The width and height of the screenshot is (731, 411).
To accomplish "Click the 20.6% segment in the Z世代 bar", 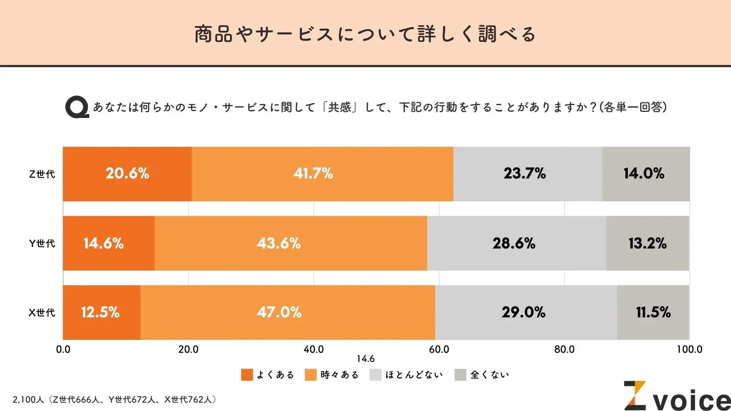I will coord(127,174).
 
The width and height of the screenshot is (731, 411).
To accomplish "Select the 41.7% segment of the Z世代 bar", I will coord(322,174).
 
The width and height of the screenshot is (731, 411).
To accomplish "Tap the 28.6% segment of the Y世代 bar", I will coord(516,244).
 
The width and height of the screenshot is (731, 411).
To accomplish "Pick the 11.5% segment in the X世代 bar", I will coord(653,312).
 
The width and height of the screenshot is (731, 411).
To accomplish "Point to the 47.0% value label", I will coord(279,312).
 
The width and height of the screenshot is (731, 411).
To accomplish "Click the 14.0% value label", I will coord(644,174).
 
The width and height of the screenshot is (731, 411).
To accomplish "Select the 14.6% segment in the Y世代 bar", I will coord(109,244).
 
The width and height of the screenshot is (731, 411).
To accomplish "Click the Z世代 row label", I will coord(42,174).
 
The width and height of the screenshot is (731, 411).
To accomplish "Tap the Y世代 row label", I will coord(42,244).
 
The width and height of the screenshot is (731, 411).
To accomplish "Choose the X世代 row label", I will coord(42,313).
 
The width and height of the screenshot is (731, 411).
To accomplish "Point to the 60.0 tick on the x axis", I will coord(439,349).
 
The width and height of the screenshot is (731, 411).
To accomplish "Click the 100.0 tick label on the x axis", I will coord(689,349).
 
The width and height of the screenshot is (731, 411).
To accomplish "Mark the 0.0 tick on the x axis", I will coord(63,349).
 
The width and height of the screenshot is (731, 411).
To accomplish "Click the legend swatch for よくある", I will coord(247,375).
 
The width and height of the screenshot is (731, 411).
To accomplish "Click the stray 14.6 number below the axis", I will coord(365,359).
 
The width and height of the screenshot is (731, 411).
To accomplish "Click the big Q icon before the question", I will coord(77,107).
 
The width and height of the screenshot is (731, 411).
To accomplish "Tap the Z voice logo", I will coord(676,397).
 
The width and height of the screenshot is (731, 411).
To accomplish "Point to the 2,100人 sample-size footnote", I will coord(114,400).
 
